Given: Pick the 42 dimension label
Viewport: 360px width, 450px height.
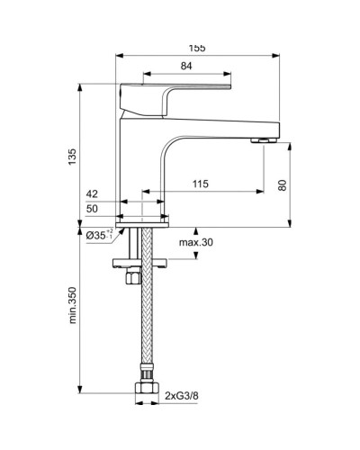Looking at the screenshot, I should click(x=92, y=193).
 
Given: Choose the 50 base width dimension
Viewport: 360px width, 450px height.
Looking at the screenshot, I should click(x=92, y=209).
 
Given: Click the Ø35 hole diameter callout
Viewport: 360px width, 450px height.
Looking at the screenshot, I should click(x=98, y=235).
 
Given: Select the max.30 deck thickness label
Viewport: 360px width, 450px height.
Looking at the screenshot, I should click(x=195, y=243).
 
